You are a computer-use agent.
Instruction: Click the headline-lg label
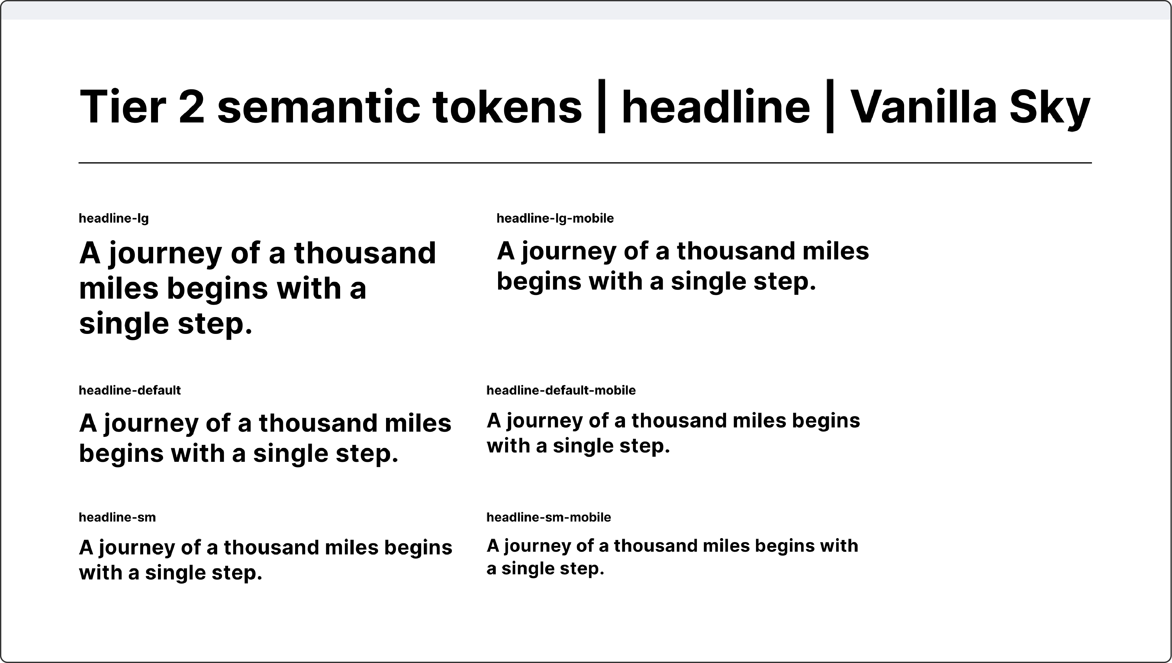(114, 219)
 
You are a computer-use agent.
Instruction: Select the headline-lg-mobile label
(555, 219)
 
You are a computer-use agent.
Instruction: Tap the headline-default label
(130, 390)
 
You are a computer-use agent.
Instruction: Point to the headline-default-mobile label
(561, 390)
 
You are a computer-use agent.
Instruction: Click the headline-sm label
(117, 517)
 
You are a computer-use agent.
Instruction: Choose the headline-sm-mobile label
(548, 517)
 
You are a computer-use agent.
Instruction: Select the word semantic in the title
(318, 107)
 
